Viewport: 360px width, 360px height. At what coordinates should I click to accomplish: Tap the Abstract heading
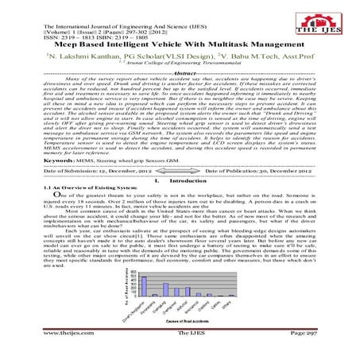(x=180, y=72)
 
